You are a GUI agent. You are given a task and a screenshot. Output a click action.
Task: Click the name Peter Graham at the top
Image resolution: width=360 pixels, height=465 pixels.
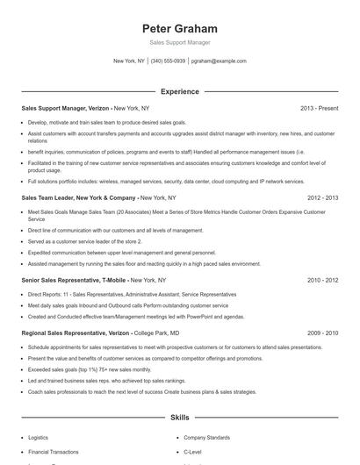coord(179,29)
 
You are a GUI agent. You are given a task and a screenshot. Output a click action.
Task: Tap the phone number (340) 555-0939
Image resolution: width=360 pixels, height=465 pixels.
coord(168,61)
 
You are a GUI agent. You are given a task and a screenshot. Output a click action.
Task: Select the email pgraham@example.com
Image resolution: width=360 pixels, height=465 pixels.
coord(219,61)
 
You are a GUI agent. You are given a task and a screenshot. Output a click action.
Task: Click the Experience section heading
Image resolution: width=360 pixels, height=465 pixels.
coord(179,90)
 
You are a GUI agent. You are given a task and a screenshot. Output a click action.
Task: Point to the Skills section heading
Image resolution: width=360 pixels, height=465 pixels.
coord(179,419)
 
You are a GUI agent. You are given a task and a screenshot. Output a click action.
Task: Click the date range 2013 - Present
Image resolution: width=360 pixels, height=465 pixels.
coord(319,108)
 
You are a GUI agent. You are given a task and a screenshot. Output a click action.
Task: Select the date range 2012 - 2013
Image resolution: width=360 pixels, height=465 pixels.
coord(322,198)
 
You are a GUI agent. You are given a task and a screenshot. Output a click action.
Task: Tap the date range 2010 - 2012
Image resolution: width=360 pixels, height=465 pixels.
coord(322,280)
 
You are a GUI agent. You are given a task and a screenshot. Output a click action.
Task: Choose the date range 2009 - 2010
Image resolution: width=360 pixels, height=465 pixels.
coord(322,333)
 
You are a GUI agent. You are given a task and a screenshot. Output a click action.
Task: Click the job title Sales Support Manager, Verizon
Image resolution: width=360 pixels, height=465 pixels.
coord(65,108)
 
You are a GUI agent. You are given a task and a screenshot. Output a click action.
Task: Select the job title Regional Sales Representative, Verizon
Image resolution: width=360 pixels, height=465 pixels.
coord(76,333)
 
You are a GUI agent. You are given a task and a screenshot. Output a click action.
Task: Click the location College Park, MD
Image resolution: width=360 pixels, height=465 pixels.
coord(164,333)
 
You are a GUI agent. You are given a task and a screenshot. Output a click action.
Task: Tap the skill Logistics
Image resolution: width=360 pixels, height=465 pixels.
coord(39,436)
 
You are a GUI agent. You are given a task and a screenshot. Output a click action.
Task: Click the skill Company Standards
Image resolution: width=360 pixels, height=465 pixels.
coord(206,436)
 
